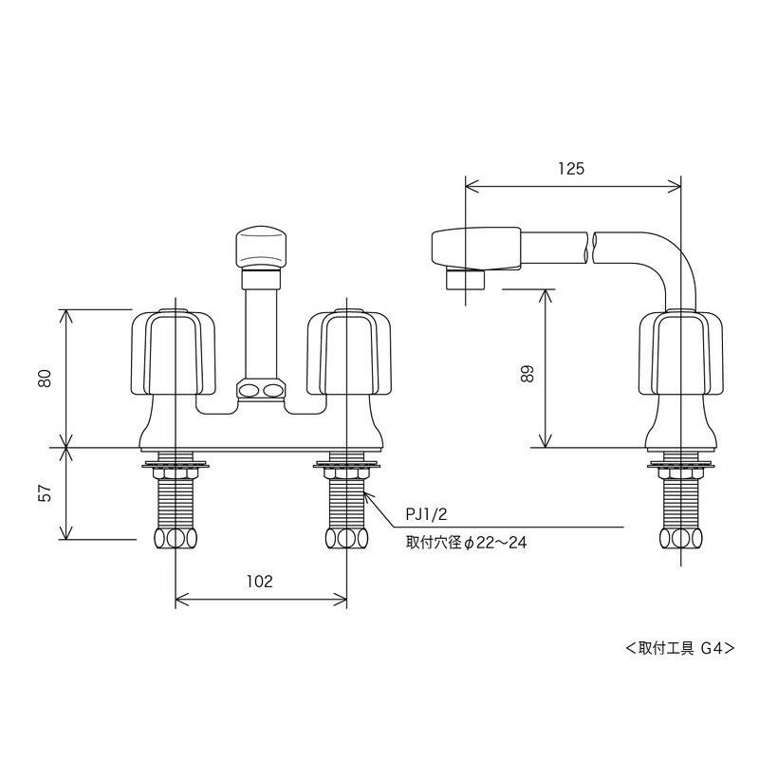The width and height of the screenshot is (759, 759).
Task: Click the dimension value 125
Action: coord(571,169)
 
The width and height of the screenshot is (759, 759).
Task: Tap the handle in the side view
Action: coord(681,353)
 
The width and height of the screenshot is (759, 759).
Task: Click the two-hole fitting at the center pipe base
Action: coord(260,390)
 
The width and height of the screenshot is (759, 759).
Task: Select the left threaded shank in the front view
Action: coord(176,503)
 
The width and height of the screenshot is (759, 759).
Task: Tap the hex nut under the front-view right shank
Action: coord(347,539)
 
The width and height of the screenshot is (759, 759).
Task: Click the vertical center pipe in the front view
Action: coord(260,327)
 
